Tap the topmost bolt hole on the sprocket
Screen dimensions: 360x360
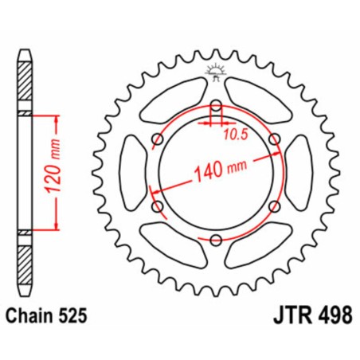pos(216,104)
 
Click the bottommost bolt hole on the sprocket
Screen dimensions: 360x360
pos(216,240)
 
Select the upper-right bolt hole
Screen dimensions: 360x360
pos(275,139)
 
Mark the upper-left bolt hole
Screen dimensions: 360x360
pos(156,139)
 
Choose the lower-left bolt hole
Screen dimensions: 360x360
pos(156,206)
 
